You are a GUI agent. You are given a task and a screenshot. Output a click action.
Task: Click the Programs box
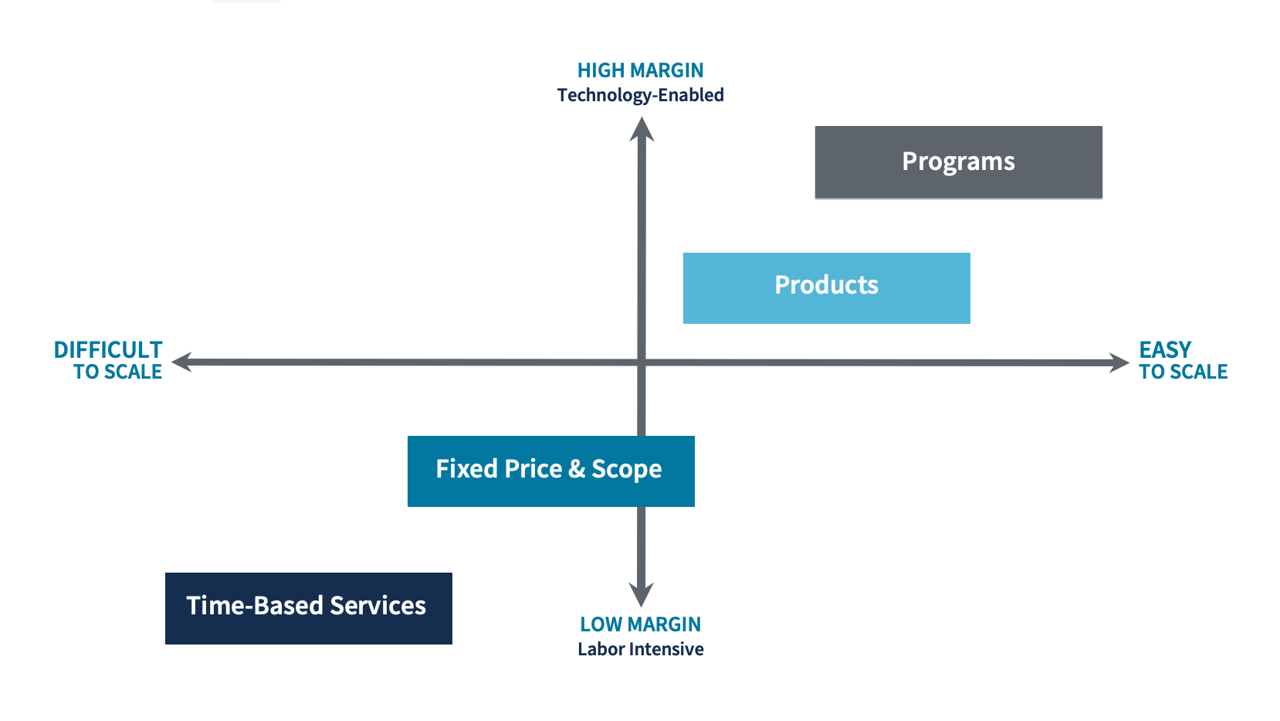click(x=958, y=162)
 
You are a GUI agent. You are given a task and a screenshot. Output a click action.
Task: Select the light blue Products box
click(x=826, y=287)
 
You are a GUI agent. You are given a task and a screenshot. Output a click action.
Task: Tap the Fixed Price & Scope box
click(x=550, y=471)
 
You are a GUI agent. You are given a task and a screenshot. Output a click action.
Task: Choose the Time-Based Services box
click(x=308, y=608)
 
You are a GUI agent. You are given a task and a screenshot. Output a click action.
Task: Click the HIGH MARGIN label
click(x=640, y=70)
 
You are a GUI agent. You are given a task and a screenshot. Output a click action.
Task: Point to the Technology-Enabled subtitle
click(x=640, y=95)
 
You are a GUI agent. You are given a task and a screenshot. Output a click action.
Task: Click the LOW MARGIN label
click(x=640, y=624)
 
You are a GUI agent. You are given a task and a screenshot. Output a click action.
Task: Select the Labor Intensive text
click(x=640, y=649)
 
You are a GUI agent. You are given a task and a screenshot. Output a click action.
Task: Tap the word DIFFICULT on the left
click(x=108, y=350)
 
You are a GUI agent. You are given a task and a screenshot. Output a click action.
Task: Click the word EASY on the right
click(x=1165, y=350)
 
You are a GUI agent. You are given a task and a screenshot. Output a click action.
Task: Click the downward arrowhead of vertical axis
click(x=641, y=595)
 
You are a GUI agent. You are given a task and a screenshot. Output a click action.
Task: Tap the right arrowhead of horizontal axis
click(x=1119, y=362)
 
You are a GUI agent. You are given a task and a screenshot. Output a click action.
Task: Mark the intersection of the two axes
click(x=642, y=362)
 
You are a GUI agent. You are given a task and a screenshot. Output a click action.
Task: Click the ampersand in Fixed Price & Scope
click(x=577, y=469)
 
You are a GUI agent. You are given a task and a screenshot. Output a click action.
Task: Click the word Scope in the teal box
click(x=626, y=470)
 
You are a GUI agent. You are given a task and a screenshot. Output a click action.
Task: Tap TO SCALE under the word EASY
click(x=1183, y=372)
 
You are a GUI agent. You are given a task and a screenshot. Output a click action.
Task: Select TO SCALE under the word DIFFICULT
click(x=117, y=372)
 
